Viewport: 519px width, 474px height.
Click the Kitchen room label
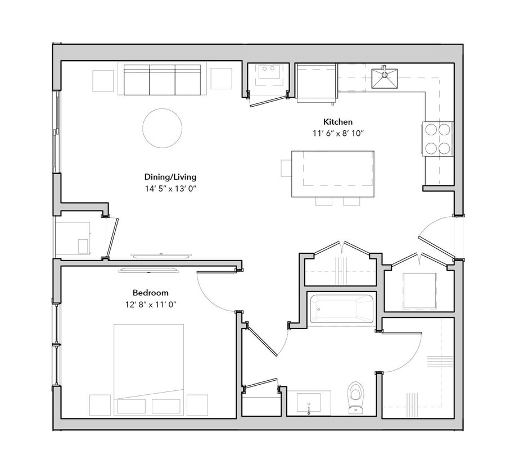[x=337, y=122]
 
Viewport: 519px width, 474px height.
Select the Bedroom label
[x=150, y=293]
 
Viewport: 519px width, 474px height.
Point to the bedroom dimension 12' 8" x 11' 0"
[x=150, y=304]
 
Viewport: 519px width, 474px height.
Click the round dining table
[x=162, y=128]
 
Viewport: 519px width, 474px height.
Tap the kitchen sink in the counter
[x=385, y=79]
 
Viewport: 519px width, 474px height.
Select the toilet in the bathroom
[x=355, y=397]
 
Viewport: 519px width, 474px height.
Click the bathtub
[x=341, y=309]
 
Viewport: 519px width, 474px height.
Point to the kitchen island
[x=333, y=174]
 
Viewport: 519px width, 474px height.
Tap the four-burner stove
[x=438, y=139]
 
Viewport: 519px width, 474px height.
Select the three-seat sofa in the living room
[x=162, y=80]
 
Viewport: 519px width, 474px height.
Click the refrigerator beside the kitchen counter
[x=317, y=82]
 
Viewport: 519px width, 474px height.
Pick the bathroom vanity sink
[x=309, y=402]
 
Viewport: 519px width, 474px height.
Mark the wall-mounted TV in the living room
[x=160, y=256]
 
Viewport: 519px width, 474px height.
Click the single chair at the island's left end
[x=286, y=168]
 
